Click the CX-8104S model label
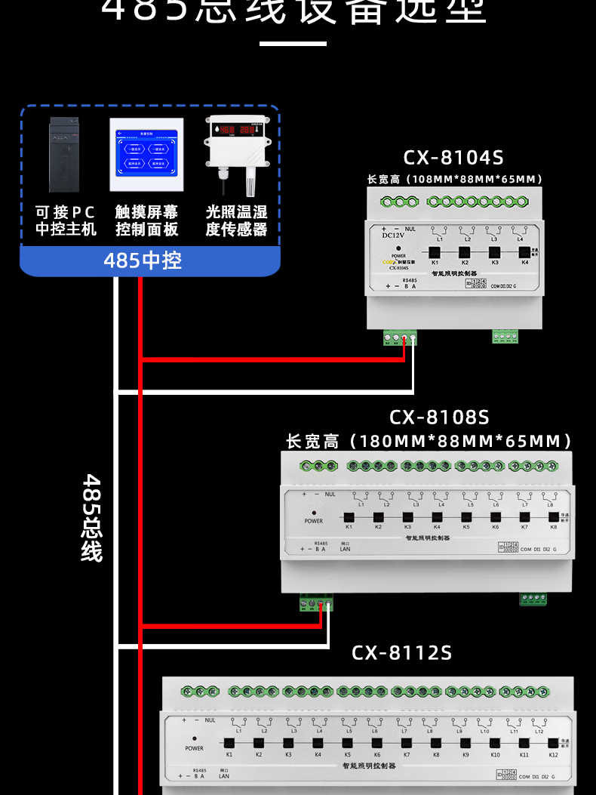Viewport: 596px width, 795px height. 453,158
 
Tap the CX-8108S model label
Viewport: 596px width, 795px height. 439,417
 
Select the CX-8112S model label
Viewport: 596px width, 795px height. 401,652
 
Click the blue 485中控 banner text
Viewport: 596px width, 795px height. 143,260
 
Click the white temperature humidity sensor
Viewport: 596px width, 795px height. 236,151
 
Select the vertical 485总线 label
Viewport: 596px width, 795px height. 92,518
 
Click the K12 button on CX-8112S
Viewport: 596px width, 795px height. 554,744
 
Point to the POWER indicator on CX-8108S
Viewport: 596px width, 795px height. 314,513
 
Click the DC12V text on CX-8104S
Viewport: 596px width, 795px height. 395,235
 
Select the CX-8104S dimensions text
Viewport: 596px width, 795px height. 455,180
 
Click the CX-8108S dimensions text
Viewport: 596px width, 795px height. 429,441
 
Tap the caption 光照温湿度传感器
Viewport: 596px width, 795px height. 236,220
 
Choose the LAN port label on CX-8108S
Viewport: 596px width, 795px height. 345,549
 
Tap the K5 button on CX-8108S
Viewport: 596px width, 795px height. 465,516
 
